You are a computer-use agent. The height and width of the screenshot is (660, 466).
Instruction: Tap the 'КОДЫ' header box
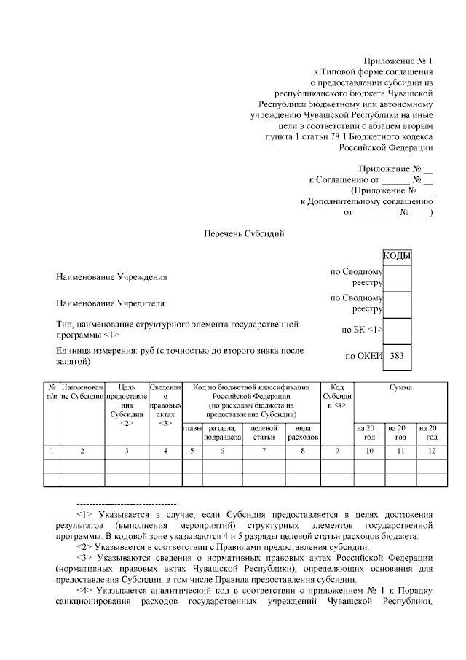397,256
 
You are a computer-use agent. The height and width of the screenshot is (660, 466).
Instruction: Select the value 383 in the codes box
397,357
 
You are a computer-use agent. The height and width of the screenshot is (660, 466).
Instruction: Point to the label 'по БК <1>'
362,330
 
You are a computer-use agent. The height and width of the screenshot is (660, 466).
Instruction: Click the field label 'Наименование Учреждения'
111,277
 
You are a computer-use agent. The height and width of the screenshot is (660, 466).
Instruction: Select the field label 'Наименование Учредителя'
110,303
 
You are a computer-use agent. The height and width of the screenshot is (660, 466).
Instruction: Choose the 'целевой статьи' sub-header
264,432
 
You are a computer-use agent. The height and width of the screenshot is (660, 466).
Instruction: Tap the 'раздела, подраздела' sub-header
222,432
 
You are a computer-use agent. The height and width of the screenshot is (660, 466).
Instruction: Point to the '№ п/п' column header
51,392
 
